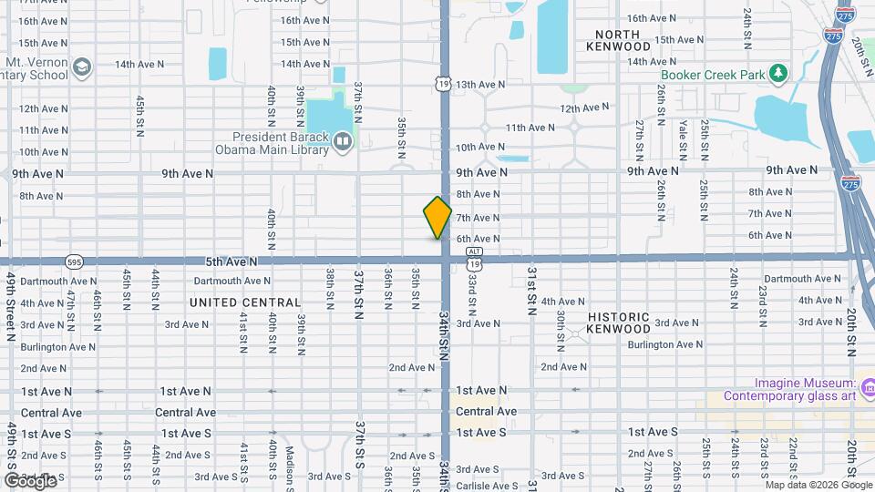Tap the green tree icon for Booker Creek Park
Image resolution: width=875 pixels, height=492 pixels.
(x=777, y=72)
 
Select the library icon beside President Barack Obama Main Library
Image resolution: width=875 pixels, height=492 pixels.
(x=342, y=141)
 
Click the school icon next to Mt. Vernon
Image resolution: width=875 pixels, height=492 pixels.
(x=83, y=67)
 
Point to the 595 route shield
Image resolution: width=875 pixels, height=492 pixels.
(x=74, y=261)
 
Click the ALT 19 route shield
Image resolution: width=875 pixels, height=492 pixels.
(x=473, y=257)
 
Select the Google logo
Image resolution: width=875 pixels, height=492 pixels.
(x=30, y=480)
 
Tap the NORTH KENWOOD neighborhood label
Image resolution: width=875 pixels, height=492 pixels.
(x=618, y=40)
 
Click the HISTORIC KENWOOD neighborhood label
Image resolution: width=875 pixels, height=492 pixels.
(x=619, y=323)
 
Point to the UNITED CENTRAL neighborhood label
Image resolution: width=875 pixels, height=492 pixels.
(x=245, y=302)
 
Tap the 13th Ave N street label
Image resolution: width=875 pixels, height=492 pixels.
(x=480, y=85)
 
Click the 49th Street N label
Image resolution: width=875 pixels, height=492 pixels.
(x=11, y=305)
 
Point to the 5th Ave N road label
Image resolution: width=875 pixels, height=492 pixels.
(x=232, y=261)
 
